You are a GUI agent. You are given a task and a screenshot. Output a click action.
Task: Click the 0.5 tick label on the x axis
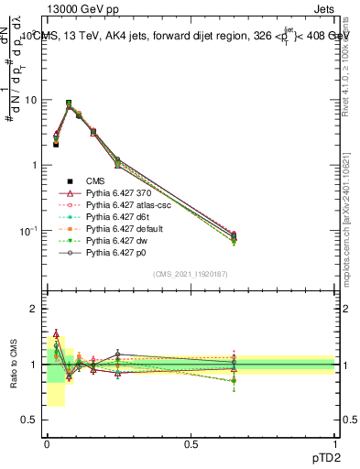tap(191, 443)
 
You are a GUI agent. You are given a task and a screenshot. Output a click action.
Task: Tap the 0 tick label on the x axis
tap(46, 443)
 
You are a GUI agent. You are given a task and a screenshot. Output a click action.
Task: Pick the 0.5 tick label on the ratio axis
tap(31, 420)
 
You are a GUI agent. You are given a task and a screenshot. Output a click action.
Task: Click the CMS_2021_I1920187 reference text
tap(191, 275)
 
